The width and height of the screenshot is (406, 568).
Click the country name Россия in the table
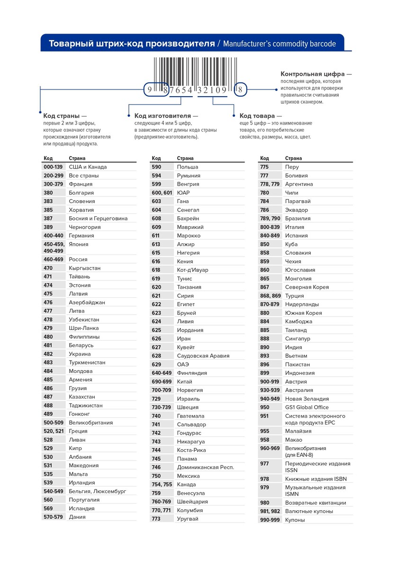click(x=78, y=259)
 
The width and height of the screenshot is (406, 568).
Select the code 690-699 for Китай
click(x=162, y=382)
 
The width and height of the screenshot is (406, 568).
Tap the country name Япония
click(x=79, y=244)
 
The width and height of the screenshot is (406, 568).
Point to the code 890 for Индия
click(x=265, y=347)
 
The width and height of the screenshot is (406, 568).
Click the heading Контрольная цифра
click(x=316, y=74)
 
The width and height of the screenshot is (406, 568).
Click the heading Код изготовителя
click(x=166, y=115)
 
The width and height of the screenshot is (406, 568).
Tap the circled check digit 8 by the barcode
click(x=241, y=89)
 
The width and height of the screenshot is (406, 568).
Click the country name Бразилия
click(x=298, y=218)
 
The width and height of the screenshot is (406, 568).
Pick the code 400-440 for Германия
click(x=53, y=236)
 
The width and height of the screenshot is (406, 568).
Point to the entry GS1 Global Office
click(x=307, y=408)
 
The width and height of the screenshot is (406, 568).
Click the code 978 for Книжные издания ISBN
click(x=264, y=479)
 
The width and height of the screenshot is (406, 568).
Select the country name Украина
click(x=80, y=354)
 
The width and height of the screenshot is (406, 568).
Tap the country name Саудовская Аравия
click(x=203, y=356)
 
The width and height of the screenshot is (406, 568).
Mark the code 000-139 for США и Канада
click(x=53, y=167)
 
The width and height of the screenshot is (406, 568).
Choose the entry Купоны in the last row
click(x=295, y=520)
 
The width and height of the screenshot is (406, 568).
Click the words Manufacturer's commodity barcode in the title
click(x=280, y=44)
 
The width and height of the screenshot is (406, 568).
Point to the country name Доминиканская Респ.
click(x=205, y=467)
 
